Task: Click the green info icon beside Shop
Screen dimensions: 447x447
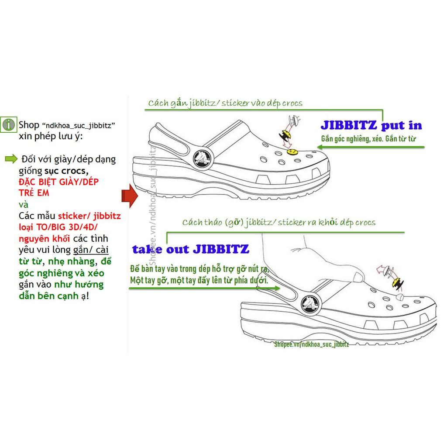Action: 9,124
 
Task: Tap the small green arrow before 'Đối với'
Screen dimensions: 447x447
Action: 11,159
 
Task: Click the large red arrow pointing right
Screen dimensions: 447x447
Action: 130,196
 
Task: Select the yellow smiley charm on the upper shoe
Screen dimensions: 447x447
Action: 291,151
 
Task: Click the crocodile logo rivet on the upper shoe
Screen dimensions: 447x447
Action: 202,158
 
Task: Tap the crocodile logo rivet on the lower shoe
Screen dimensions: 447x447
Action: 310,304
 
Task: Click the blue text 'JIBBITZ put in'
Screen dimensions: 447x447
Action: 371,125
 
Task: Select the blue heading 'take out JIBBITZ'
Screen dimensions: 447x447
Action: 190,249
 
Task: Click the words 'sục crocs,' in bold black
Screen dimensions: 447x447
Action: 66,171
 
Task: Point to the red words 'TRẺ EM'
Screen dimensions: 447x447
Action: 34,193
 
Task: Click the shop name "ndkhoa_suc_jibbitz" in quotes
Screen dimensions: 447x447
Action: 79,125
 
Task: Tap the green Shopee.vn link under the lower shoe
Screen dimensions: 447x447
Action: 312,344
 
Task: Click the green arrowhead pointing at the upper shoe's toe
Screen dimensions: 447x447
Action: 320,147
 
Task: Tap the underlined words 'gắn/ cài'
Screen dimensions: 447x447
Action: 91,250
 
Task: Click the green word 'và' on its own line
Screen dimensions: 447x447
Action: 24,205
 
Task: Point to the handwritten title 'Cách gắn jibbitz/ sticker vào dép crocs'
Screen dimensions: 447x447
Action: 225,103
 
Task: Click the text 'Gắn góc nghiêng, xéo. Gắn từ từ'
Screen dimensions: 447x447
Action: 368,139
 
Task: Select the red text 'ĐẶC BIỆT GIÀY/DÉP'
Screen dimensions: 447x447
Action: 59,182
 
